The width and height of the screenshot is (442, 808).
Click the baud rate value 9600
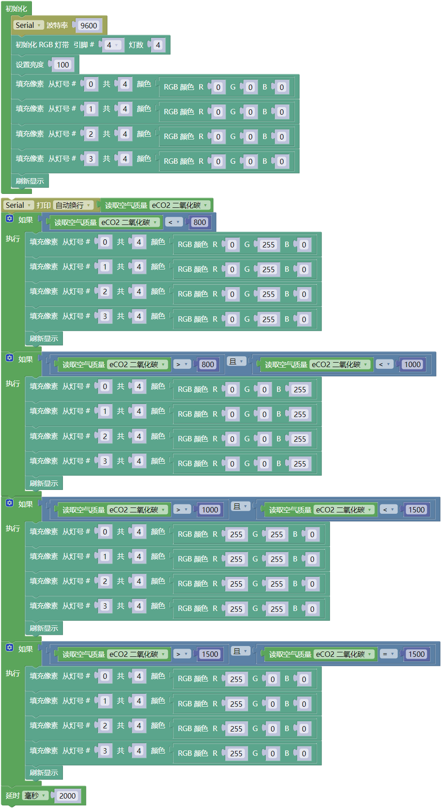pyautogui.click(x=89, y=26)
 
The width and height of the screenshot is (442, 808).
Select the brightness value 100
pyautogui.click(x=63, y=65)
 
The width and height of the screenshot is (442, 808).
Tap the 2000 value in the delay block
pyautogui.click(x=67, y=796)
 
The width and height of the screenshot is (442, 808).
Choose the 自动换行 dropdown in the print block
pyautogui.click(x=73, y=205)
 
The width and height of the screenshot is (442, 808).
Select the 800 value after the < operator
pyautogui.click(x=200, y=222)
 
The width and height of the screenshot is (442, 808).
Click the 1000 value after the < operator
pyautogui.click(x=412, y=364)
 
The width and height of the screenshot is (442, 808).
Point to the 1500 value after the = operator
pyautogui.click(x=416, y=654)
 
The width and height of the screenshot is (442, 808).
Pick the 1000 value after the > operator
pyautogui.click(x=210, y=510)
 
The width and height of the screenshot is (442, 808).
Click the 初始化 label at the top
pyautogui.click(x=16, y=9)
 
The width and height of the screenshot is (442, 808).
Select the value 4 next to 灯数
pyautogui.click(x=158, y=45)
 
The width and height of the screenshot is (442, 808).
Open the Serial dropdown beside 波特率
pyautogui.click(x=28, y=25)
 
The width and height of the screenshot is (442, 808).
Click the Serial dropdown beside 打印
pyautogui.click(x=18, y=205)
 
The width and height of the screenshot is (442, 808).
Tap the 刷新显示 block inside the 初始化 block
pyautogui.click(x=30, y=181)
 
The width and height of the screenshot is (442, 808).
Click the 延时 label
pyautogui.click(x=13, y=796)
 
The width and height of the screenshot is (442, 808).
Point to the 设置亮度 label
pyautogui.click(x=30, y=65)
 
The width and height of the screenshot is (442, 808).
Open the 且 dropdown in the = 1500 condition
pyautogui.click(x=241, y=651)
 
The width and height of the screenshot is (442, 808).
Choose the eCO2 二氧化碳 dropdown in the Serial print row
pyautogui.click(x=180, y=205)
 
